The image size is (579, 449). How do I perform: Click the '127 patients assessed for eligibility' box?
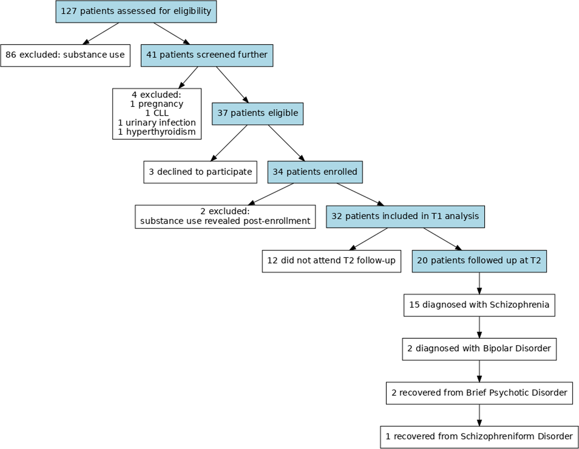pyautogui.click(x=136, y=11)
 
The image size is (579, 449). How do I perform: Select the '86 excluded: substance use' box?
pyautogui.click(x=65, y=55)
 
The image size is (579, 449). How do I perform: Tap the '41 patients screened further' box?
pyautogui.click(x=207, y=55)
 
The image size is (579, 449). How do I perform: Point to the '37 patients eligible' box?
pyautogui.click(x=257, y=114)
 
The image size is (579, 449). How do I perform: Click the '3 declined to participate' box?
pyautogui.click(x=200, y=172)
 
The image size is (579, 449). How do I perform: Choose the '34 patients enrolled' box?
pyautogui.click(x=315, y=172)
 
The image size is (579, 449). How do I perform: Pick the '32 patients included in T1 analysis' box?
pyautogui.click(x=405, y=216)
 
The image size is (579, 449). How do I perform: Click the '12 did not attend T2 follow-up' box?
pyautogui.click(x=331, y=261)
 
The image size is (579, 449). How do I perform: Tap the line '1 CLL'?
pyautogui.click(x=157, y=113)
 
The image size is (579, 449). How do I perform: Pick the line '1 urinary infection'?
pyautogui.click(x=157, y=123)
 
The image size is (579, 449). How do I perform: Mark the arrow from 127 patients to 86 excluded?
pyautogui.click(x=101, y=33)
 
